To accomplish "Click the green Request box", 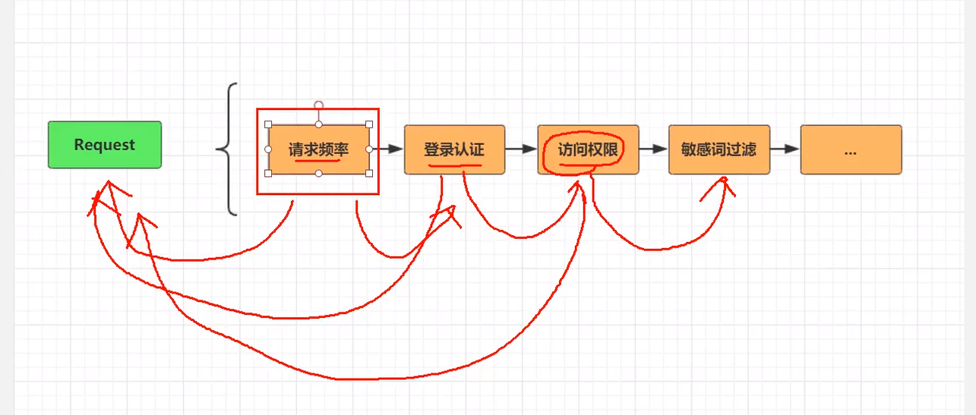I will point(105,145).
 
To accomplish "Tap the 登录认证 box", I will point(454,149).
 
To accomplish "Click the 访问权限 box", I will point(588,149).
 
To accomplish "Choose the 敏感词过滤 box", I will point(719,149).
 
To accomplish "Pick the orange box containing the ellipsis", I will point(851,149).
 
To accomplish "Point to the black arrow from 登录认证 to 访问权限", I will point(521,149).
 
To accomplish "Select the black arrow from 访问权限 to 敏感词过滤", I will point(653,149).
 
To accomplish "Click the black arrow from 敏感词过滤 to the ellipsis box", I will point(785,149).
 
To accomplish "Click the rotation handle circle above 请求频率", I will point(319,105).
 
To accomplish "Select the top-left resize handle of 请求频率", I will point(268,124).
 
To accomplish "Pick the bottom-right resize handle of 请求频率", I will point(369,174).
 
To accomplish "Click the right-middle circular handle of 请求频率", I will point(369,149).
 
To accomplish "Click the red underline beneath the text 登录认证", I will point(454,163).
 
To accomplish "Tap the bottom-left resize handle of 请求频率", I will point(268,174).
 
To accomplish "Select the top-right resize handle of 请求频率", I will point(369,124).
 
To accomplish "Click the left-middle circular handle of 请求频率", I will point(268,149).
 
